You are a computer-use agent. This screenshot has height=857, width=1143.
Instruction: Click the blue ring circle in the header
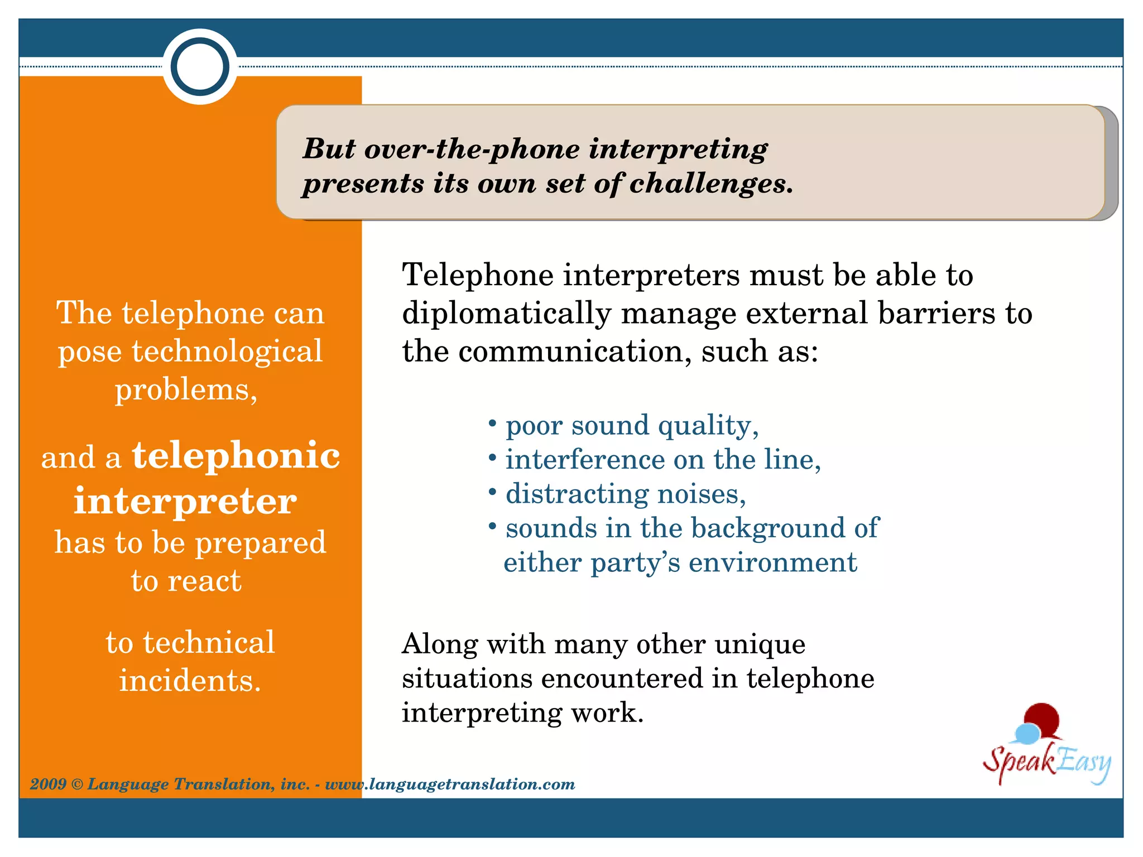pos(200,67)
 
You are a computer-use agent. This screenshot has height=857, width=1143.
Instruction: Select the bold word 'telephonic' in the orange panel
pos(236,455)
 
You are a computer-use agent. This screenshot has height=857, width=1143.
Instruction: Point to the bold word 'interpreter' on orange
pos(185,500)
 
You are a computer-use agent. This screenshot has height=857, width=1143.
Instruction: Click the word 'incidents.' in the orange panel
pos(190,681)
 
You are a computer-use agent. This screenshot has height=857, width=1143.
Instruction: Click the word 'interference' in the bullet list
pos(585,460)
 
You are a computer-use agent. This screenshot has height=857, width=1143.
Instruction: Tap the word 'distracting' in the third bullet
pos(577,494)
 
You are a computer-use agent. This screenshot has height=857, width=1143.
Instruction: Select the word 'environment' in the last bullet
pos(772,562)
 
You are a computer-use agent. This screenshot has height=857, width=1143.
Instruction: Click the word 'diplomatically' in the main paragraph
pos(507,313)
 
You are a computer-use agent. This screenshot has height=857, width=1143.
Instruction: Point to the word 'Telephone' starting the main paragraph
pos(478,275)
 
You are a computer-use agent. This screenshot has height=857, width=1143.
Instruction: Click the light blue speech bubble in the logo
pos(1026,733)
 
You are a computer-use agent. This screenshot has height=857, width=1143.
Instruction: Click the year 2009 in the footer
pos(48,784)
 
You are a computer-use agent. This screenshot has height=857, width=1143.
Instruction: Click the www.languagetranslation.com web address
pos(450,784)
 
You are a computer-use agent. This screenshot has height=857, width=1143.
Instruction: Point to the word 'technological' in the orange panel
pos(227,352)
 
